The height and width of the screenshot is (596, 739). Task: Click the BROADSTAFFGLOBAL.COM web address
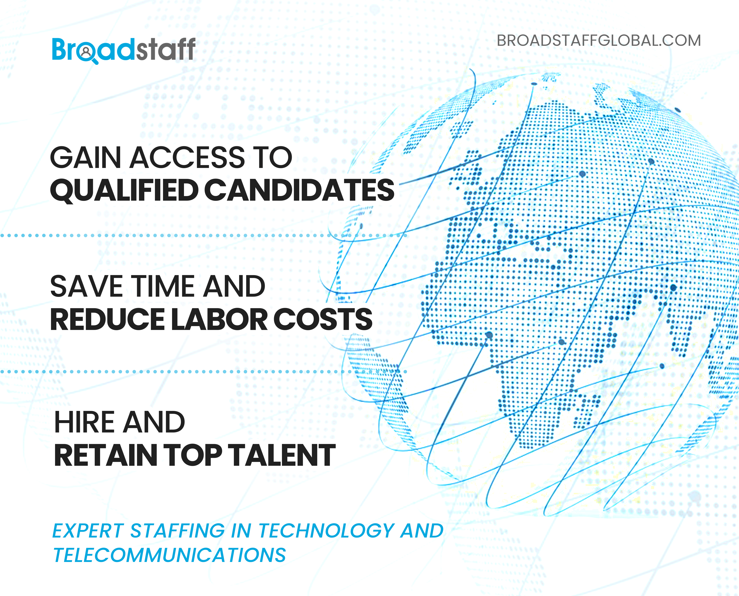pyautogui.click(x=599, y=41)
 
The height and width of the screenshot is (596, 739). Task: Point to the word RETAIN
pyautogui.click(x=105, y=455)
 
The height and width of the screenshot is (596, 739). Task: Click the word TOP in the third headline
pyautogui.click(x=192, y=455)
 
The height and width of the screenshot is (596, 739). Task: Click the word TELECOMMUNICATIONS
pyautogui.click(x=170, y=555)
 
